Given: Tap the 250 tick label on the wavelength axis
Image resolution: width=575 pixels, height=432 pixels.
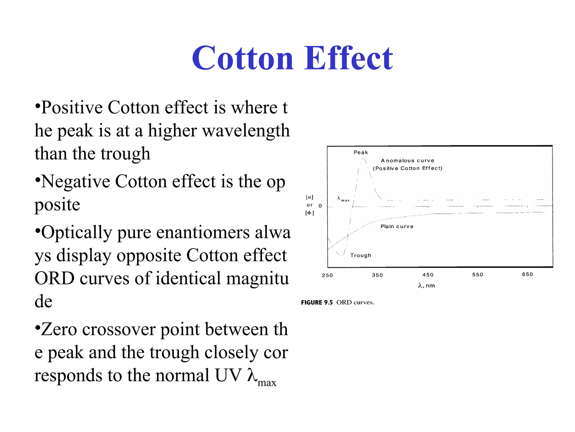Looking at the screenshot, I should tap(327, 275).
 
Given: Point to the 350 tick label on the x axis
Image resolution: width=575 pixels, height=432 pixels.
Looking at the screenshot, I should tap(377, 275).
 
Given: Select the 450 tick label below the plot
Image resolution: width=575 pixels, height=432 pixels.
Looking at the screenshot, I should tap(428, 275).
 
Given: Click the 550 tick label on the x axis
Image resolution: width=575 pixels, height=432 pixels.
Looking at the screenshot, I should tap(478, 274).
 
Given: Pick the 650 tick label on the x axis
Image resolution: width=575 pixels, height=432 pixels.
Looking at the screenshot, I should tap(527, 274).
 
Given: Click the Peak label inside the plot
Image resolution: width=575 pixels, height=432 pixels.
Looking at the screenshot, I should tap(360, 152).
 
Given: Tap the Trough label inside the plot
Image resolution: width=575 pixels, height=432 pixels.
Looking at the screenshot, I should tap(360, 255).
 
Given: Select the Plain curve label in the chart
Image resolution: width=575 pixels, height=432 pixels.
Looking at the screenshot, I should tap(397, 226).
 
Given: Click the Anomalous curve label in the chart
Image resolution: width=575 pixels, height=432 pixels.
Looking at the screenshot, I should tap(407, 161).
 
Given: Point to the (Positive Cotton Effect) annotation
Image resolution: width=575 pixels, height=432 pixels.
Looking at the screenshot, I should tap(407, 168).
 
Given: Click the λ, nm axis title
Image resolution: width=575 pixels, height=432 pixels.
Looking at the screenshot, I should tap(426, 286).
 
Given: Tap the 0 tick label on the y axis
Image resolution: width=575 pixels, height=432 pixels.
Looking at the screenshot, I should tap(320, 206).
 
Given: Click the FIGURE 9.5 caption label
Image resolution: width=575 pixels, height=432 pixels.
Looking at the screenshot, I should tap(317, 303).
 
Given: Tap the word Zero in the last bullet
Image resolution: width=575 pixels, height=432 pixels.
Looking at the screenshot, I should tap(59, 329).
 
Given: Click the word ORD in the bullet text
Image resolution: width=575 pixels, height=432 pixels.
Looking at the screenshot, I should tap(54, 278).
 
